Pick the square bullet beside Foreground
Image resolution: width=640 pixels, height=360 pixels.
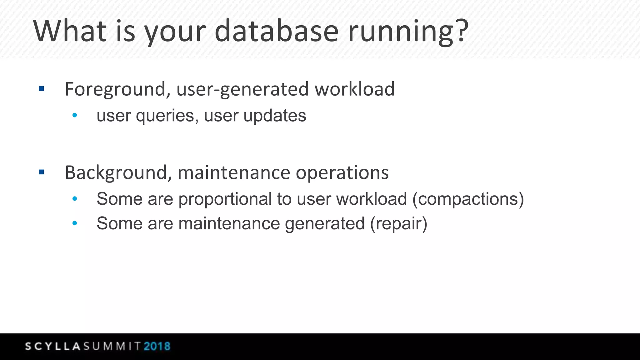tap(42, 89)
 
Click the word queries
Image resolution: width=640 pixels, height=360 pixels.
tap(165, 116)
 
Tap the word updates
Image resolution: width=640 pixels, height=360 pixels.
tap(275, 116)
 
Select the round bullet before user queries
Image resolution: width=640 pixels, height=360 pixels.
tap(75, 115)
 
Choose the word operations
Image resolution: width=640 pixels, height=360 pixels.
tap(342, 172)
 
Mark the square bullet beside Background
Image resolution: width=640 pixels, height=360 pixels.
tap(42, 172)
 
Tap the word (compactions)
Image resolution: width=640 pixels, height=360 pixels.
tap(468, 199)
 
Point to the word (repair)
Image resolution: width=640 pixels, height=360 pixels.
tap(398, 223)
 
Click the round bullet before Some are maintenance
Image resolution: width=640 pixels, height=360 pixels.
tap(75, 223)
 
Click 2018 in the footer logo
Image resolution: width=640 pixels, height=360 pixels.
tap(157, 346)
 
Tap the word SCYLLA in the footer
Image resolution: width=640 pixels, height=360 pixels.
tap(53, 346)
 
